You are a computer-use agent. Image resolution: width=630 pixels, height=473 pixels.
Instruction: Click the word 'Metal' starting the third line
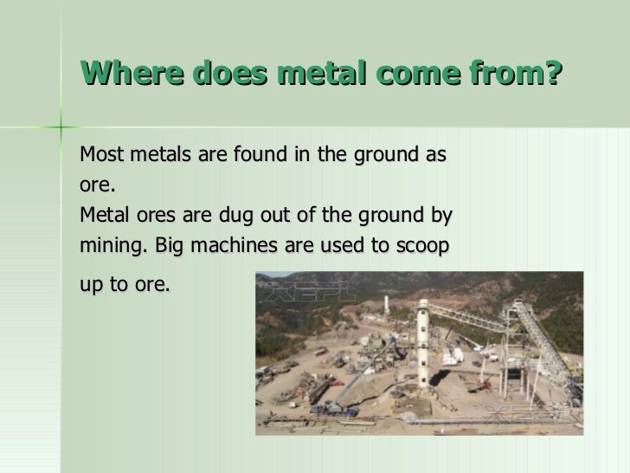point(101,214)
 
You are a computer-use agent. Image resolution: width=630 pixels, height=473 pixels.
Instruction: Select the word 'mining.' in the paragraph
point(112,244)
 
